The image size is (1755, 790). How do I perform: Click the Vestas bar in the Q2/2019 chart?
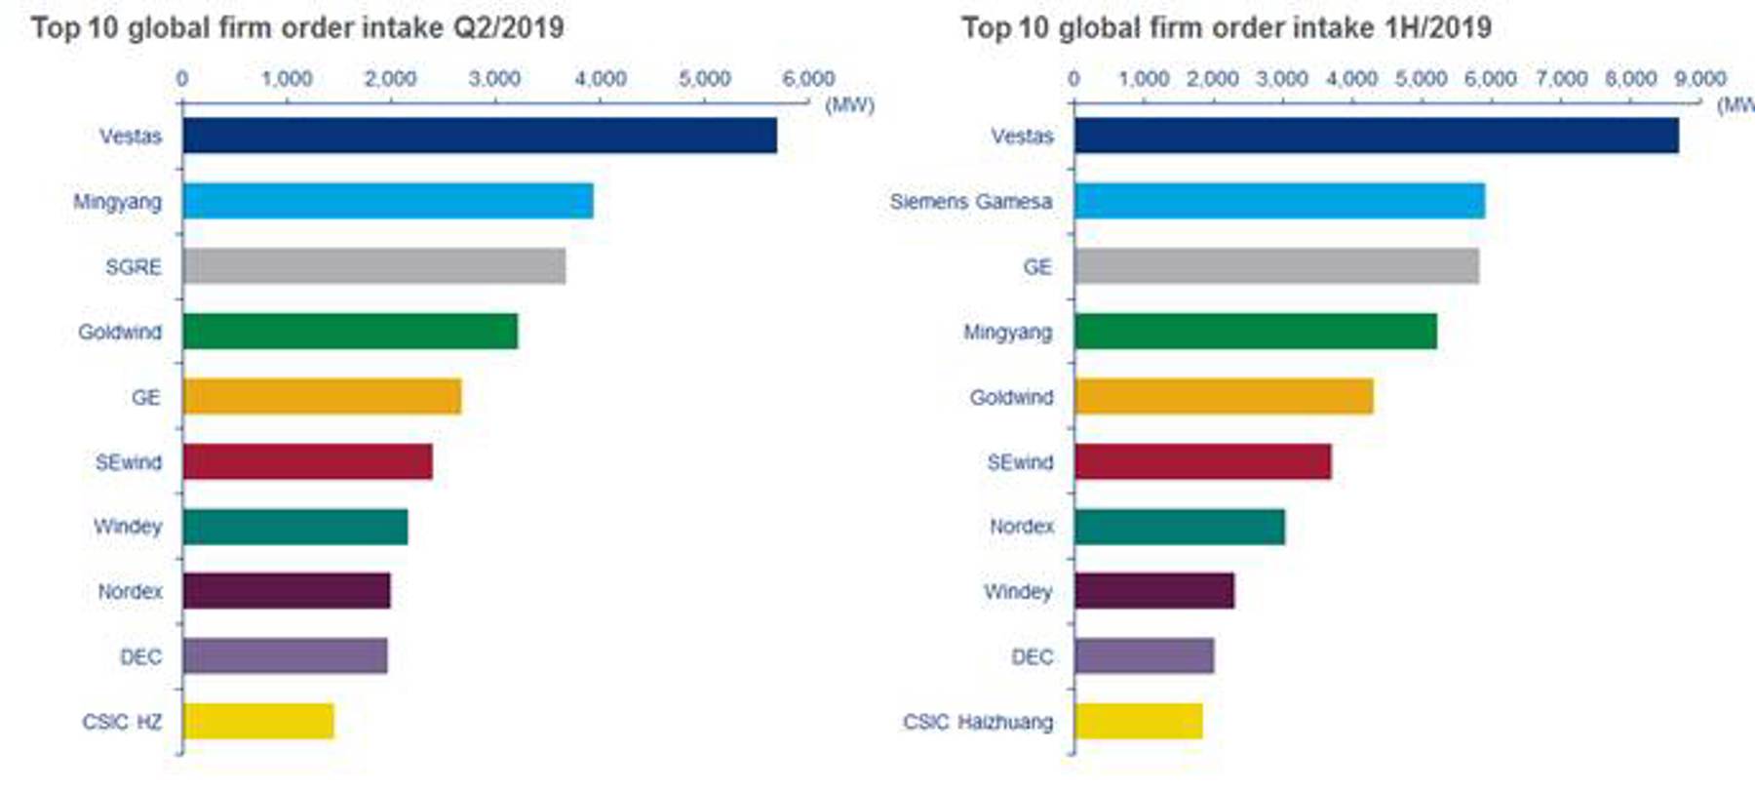tap(480, 136)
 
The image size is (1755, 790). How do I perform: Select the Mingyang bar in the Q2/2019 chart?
tap(387, 201)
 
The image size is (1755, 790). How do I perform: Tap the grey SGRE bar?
tap(373, 266)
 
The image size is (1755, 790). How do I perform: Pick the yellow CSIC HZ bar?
tap(258, 722)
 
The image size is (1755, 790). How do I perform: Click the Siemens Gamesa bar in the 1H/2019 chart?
tap(1279, 201)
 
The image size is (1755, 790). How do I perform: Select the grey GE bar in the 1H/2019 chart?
tap(1276, 266)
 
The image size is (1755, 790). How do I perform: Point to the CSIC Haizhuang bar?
tap(1138, 722)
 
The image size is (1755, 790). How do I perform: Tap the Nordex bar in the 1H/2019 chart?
tap(1180, 527)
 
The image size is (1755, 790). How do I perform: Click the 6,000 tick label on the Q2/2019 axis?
tap(808, 79)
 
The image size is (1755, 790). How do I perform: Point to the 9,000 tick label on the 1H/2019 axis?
tap(1700, 79)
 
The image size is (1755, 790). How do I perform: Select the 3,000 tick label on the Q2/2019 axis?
tap(494, 79)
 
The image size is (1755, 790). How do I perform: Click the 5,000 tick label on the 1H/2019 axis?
tap(1421, 79)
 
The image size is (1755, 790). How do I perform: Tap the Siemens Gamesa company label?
tap(970, 202)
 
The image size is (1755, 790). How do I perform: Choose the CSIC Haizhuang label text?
tap(978, 723)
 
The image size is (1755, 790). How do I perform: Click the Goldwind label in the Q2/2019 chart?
tap(120, 333)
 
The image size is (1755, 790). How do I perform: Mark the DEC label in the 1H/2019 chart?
tap(1032, 657)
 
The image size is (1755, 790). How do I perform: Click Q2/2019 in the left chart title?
tap(508, 27)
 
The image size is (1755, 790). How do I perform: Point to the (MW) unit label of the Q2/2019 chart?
tap(849, 104)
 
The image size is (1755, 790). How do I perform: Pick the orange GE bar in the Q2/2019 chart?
tap(322, 397)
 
